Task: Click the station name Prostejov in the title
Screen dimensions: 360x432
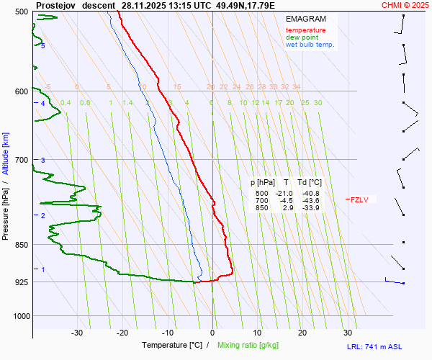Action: [x=55, y=5]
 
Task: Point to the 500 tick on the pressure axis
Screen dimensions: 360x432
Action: [x=21, y=12]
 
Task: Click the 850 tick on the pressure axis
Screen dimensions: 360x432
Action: [x=21, y=245]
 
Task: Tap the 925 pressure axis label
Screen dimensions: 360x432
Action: [x=21, y=282]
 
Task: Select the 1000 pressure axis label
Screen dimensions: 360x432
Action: [x=19, y=315]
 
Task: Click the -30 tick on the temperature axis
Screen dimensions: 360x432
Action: [x=77, y=333]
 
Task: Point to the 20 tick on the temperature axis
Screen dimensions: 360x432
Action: [x=302, y=333]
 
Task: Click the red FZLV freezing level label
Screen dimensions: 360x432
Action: [x=359, y=200]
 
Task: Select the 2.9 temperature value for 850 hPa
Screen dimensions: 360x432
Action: [x=287, y=208]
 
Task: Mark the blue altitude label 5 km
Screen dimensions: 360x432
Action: [x=43, y=46]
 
